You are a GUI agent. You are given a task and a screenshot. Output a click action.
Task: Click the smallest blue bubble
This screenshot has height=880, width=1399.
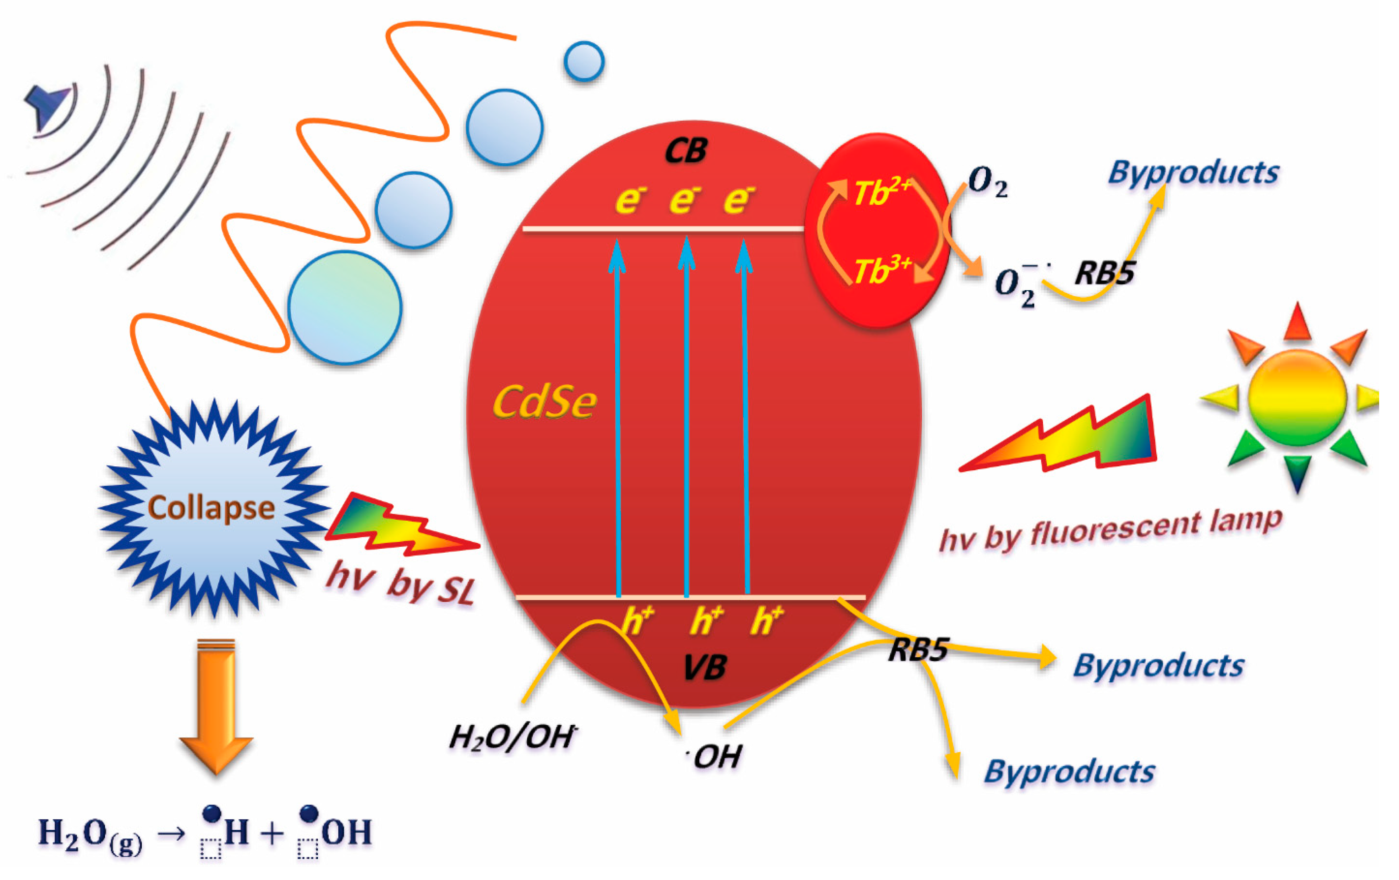[x=584, y=61]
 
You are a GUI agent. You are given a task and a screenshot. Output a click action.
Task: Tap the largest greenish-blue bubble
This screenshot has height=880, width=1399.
[x=345, y=308]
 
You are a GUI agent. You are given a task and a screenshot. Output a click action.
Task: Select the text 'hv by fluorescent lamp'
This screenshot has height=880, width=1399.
[x=1110, y=530]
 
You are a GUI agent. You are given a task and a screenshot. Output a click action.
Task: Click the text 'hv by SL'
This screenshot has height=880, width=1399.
[x=401, y=583]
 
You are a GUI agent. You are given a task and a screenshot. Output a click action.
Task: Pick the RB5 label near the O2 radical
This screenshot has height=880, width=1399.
[x=1104, y=273]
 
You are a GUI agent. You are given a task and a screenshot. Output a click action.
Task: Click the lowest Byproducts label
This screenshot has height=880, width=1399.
[x=1069, y=772]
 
